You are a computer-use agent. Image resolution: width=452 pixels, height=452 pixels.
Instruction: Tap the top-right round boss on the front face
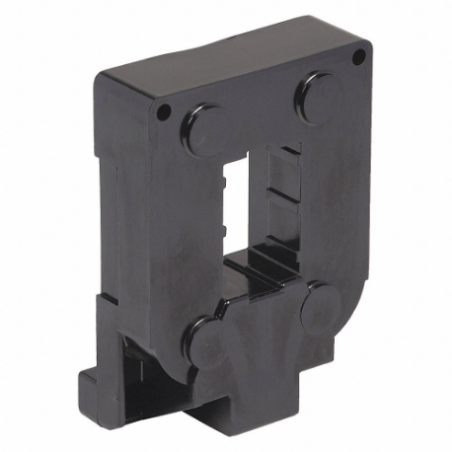click(x=318, y=96)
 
